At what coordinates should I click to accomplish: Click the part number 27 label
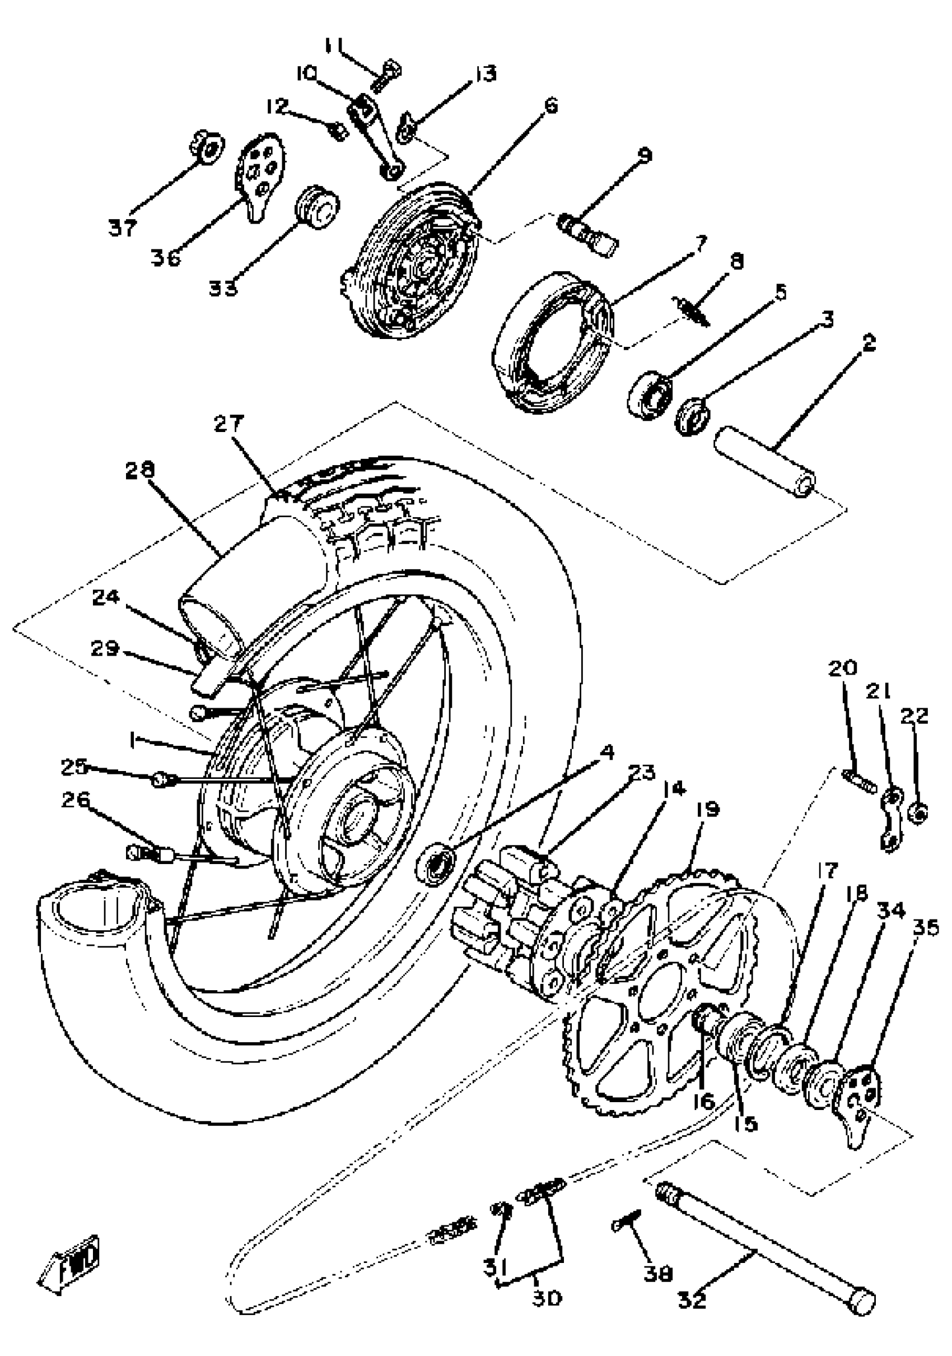pyautogui.click(x=228, y=424)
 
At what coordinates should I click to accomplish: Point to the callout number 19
pyautogui.click(x=707, y=810)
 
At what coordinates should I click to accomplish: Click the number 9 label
pyautogui.click(x=645, y=155)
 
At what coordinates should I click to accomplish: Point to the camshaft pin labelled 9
pyautogui.click(x=587, y=234)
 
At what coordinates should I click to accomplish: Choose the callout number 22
pyautogui.click(x=914, y=717)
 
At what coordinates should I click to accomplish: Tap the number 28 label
pyautogui.click(x=140, y=470)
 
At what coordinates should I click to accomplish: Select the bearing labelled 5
pyautogui.click(x=649, y=394)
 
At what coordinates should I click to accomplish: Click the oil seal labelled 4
pyautogui.click(x=436, y=863)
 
